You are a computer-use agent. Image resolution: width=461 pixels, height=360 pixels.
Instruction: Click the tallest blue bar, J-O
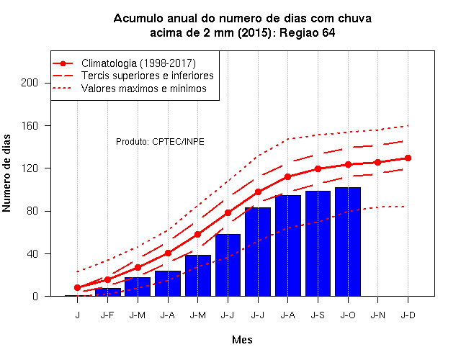point(348,242)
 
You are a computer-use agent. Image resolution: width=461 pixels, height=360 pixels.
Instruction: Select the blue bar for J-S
point(318,243)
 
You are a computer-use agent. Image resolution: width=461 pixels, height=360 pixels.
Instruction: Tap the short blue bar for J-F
point(107,292)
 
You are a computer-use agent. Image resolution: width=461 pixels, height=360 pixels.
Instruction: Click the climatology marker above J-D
point(408,158)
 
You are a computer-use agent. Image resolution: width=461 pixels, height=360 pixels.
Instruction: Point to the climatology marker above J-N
point(377,162)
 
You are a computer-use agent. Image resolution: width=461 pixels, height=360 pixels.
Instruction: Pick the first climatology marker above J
point(77,287)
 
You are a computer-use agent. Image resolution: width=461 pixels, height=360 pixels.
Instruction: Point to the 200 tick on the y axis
point(30,83)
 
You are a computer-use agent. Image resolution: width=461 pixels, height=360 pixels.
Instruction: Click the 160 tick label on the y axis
point(30,125)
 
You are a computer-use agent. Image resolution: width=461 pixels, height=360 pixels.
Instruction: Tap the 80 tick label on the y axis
point(32,211)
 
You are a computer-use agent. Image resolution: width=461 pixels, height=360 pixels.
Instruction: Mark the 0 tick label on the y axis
point(35,296)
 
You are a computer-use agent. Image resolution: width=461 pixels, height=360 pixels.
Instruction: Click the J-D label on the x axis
point(408,315)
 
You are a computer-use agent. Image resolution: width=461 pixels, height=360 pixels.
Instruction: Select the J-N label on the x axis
point(377,315)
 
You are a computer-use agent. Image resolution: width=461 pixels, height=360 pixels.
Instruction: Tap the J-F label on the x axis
point(107,315)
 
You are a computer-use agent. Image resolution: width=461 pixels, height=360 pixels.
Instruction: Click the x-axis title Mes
point(242,340)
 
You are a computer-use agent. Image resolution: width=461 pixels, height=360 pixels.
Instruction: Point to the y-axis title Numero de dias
point(6,173)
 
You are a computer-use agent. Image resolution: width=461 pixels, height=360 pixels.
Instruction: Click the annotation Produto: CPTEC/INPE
point(160,142)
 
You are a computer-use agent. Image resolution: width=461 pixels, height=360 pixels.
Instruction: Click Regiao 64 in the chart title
point(308,32)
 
